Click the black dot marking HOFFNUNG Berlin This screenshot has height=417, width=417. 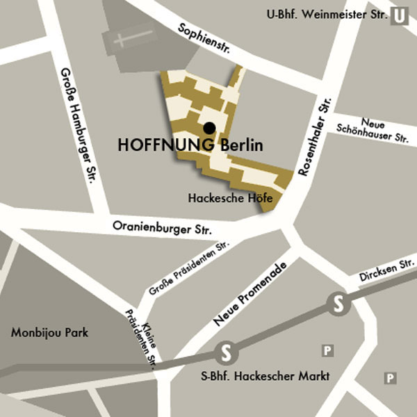208,127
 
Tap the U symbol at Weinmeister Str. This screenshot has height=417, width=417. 399,15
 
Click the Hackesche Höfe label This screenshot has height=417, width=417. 231,198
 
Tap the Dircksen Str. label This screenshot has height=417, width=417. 386,271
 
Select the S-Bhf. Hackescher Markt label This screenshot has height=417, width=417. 260,377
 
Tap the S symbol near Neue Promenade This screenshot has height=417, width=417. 225,353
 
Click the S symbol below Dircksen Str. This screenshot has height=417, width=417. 338,304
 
